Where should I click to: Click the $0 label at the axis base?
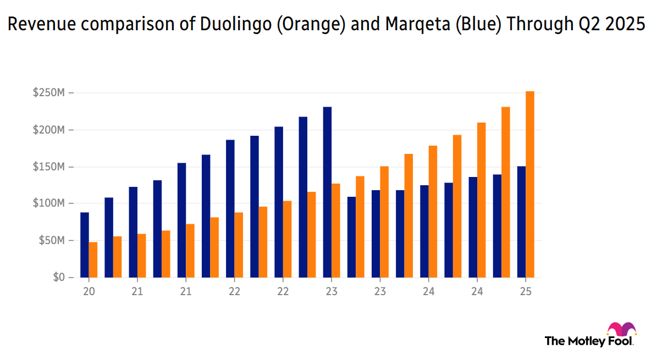(59, 278)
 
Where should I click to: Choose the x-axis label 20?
(89, 292)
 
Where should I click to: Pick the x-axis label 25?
(526, 292)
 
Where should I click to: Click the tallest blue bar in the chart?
(327, 192)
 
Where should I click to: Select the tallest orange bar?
(530, 184)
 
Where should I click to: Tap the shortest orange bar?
(93, 259)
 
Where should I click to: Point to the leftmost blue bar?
(85, 245)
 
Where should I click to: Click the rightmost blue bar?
(521, 221)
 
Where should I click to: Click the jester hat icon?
(621, 329)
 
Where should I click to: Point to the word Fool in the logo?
(621, 341)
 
